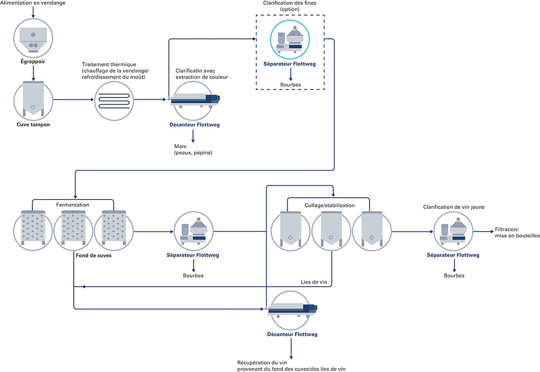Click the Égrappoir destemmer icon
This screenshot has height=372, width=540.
pos(33,38)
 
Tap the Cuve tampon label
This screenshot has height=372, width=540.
pos(33,124)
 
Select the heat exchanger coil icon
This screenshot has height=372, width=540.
pos(114,101)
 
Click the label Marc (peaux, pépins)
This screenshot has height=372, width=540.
pos(193,149)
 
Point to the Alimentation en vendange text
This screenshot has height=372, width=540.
pos(33,3)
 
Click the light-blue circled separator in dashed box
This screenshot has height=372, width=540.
pos(290,39)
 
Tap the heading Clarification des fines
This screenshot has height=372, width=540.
pos(290,3)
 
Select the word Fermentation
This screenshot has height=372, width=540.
pos(73,205)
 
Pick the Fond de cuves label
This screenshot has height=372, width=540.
pos(94,256)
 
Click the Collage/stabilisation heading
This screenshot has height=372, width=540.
pos(329,205)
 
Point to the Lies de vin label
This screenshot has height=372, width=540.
pos(314,282)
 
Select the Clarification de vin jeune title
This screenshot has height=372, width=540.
pos(454,207)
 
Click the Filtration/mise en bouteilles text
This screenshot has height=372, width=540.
pos(517,232)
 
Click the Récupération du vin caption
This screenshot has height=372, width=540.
pos(291,366)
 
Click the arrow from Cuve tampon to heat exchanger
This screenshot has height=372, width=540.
pos(73,100)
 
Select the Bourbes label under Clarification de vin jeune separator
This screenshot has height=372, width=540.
pos(454,276)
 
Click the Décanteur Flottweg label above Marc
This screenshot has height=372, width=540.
pos(194,125)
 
